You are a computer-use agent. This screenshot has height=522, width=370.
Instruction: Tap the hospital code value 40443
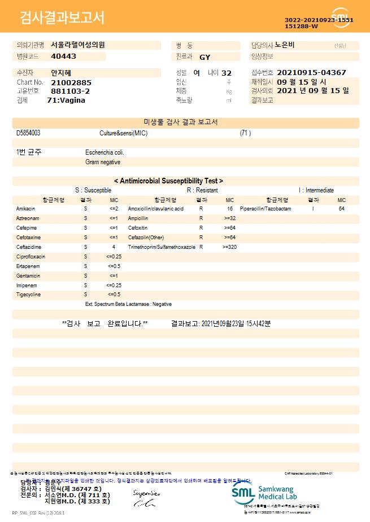[63, 56]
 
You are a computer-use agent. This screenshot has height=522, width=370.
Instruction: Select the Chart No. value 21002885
[71, 82]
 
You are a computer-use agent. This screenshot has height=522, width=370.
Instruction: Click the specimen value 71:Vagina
[66, 100]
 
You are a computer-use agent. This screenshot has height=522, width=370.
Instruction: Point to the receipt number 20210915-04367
[312, 73]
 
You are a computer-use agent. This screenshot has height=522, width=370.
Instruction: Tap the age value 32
[227, 73]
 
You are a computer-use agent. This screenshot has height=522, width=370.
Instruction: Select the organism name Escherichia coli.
[105, 152]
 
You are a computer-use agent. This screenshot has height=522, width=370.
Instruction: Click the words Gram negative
[103, 162]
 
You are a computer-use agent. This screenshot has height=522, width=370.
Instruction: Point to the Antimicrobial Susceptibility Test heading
[168, 181]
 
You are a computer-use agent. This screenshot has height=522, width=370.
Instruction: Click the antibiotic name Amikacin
[25, 209]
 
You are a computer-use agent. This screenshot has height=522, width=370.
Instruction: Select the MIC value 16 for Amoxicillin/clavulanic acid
[230, 209]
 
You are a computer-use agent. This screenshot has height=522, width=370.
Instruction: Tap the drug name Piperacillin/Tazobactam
[265, 209]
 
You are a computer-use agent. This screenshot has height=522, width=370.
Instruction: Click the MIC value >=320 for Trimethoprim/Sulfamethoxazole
[229, 247]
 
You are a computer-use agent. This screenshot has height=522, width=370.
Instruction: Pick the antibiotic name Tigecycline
[28, 295]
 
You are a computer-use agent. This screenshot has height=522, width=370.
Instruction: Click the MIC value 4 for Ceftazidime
[114, 247]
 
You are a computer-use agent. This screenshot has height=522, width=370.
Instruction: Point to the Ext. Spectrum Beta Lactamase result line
[128, 304]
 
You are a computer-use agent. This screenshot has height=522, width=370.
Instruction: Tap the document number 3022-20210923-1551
[319, 20]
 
